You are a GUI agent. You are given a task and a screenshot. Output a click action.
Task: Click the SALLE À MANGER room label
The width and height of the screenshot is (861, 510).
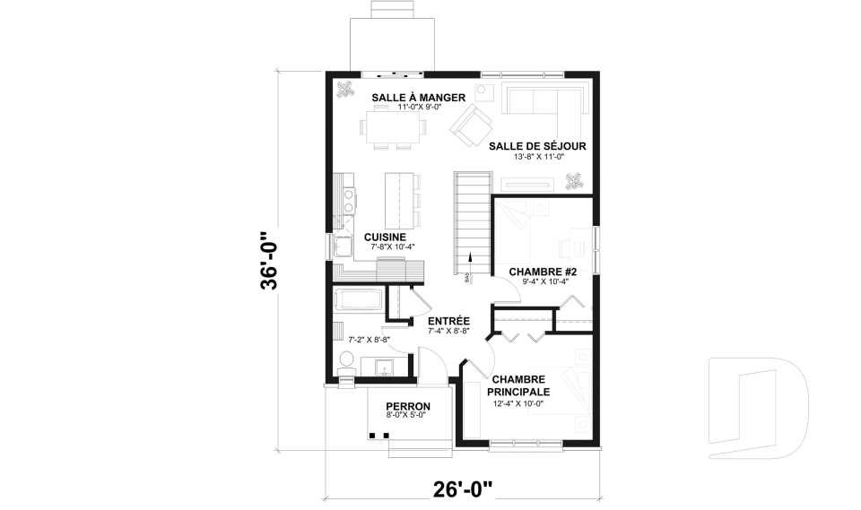point(418,97)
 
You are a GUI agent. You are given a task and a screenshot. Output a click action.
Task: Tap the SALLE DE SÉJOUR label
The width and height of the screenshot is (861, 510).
point(537,146)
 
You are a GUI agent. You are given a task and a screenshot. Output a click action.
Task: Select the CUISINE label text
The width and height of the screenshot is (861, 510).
point(386,237)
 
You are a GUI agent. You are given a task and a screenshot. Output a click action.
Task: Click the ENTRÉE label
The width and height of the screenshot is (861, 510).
point(448,320)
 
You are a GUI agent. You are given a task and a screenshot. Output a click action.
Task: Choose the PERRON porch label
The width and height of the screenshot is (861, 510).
point(408,405)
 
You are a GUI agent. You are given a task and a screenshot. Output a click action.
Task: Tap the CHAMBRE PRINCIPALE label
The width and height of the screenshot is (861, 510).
point(518,385)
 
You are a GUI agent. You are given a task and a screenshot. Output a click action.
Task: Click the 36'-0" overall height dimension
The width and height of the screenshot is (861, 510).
point(270,261)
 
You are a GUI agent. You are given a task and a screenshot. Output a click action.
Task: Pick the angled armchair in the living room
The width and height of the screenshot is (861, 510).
point(468,125)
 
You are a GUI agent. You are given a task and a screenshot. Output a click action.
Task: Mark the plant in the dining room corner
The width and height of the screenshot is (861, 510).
point(345,88)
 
